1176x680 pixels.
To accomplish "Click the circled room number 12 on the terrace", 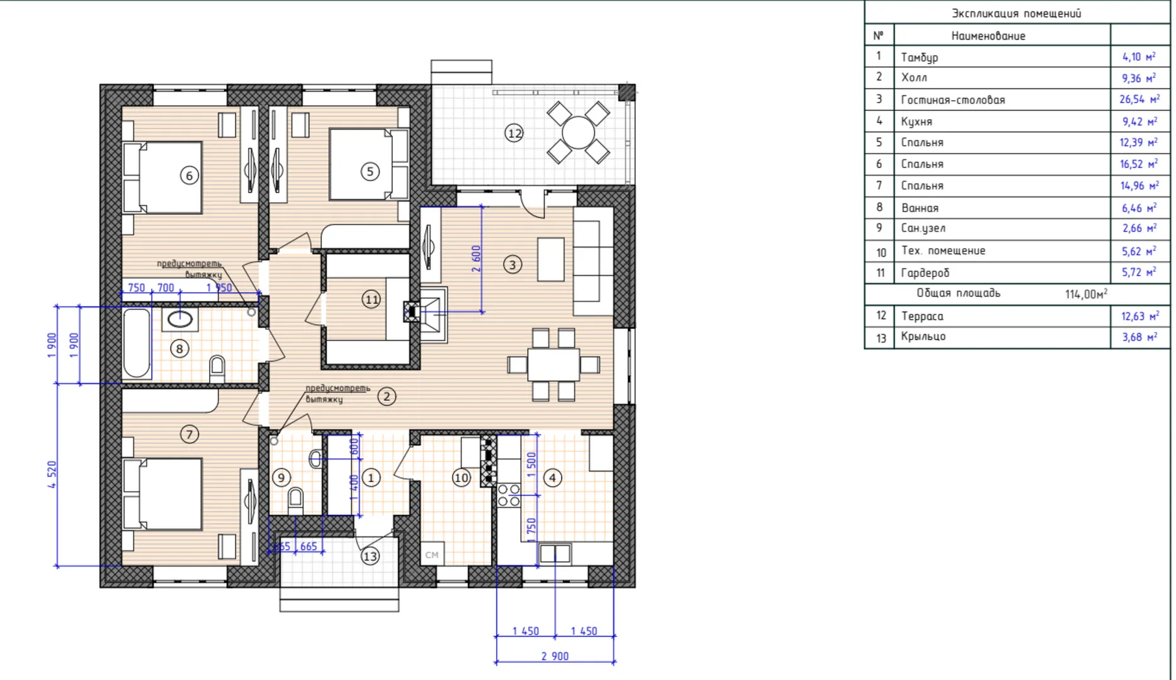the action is click(514, 133).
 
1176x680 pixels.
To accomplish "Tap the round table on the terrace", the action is click(578, 133).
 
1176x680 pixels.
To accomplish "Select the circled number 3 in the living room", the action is click(512, 265).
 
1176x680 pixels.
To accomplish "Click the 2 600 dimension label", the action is click(476, 259).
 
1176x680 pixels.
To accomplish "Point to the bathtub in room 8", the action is click(137, 343).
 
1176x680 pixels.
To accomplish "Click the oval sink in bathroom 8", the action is click(180, 319).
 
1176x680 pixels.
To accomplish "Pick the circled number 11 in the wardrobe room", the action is click(371, 300).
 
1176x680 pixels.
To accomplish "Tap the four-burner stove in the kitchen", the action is click(509, 496).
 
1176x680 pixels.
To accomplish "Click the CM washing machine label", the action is click(432, 555).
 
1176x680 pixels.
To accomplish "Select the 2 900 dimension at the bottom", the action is click(555, 656).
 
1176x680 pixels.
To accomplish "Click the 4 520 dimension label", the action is click(52, 475).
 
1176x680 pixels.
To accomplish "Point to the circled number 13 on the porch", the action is click(370, 556).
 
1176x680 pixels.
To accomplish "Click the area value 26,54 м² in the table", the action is click(1139, 99).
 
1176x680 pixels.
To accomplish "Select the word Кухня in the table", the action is click(917, 122).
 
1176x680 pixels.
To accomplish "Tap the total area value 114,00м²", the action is click(1086, 294).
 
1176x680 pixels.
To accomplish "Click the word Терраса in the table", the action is click(922, 316).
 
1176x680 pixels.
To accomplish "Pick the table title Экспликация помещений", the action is click(1016, 13).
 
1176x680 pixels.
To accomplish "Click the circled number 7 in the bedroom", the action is click(189, 434).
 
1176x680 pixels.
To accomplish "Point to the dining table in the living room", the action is click(553, 365).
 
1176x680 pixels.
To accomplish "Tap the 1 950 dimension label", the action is click(219, 288).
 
